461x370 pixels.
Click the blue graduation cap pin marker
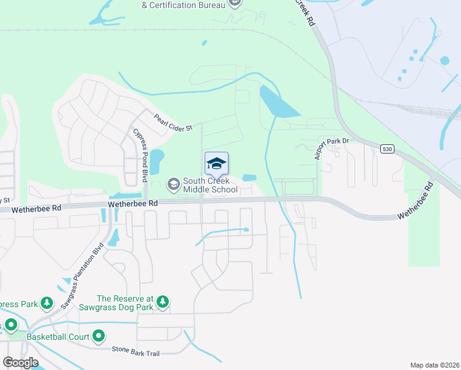(x=216, y=165)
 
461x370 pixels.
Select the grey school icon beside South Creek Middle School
(x=173, y=183)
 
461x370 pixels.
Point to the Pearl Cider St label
(x=174, y=122)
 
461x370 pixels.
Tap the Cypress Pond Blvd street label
(x=141, y=155)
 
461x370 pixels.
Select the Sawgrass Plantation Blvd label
(x=82, y=278)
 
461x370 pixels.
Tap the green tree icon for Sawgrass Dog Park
(x=163, y=302)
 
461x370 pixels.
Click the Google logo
(x=21, y=363)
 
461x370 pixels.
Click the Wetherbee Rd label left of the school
(x=133, y=203)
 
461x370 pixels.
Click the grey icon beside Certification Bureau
(x=234, y=3)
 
